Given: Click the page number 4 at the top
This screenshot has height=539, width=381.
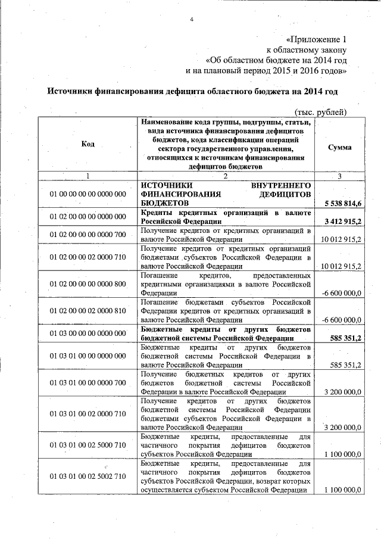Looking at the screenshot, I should (192, 20).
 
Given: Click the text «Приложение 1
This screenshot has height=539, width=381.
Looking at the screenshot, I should (316, 39).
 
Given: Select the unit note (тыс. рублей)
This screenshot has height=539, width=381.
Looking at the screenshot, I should (321, 112).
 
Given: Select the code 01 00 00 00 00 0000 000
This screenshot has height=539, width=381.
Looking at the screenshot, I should (88, 194).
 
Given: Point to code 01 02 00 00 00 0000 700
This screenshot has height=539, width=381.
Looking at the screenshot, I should (88, 234).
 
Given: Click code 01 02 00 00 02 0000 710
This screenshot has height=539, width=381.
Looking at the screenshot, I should (88, 257).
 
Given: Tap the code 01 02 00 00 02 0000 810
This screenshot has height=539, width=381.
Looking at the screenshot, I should (88, 311).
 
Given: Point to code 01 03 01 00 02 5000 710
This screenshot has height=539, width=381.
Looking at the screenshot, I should (88, 445).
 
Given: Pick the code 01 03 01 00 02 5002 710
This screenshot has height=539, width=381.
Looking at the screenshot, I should (88, 476).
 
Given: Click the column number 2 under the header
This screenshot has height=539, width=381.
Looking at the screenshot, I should (226, 176).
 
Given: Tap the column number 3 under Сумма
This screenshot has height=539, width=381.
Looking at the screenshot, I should (339, 176).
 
